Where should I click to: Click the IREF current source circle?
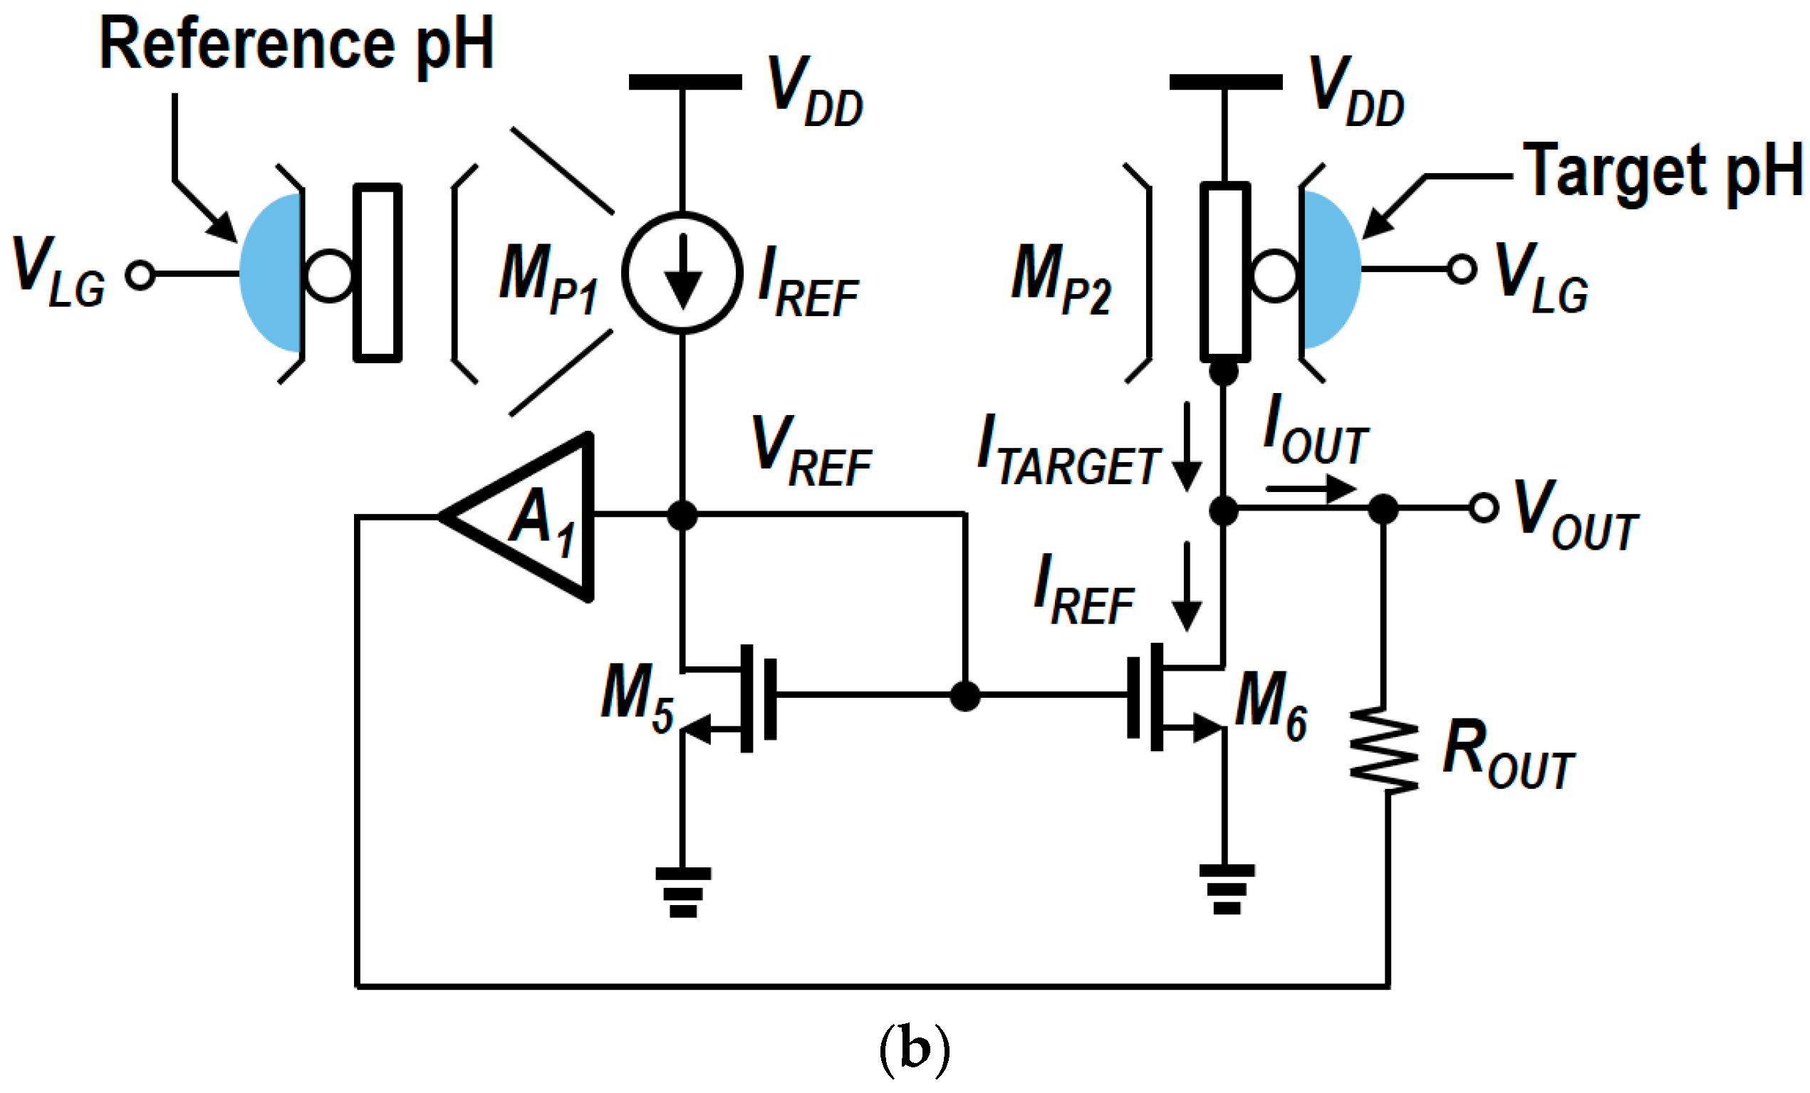[x=682, y=273]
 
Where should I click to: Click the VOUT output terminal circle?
[x=1483, y=508]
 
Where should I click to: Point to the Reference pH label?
[x=296, y=44]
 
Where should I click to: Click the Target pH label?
[x=1663, y=171]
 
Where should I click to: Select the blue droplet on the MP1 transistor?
[x=271, y=273]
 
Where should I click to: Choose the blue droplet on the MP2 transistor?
[x=1331, y=270]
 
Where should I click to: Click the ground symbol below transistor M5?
[x=682, y=891]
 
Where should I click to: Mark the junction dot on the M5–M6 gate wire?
[x=964, y=695]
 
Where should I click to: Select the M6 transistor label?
[x=1270, y=704]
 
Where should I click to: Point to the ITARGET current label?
[x=1068, y=450]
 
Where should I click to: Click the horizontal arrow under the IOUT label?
[x=1311, y=488]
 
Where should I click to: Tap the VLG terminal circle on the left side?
[x=140, y=274]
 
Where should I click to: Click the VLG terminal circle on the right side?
[x=1461, y=269]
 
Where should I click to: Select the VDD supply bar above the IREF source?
[x=685, y=82]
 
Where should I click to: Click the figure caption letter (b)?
[x=914, y=1050]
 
